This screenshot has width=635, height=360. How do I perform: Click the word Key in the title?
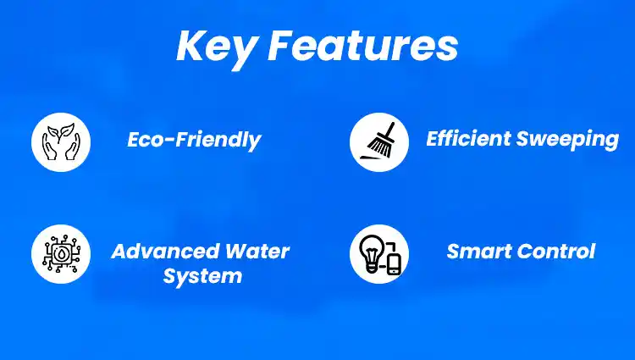pyautogui.click(x=216, y=48)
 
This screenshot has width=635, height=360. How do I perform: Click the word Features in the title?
pyautogui.click(x=363, y=46)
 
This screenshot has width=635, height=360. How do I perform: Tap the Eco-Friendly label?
pyautogui.click(x=195, y=141)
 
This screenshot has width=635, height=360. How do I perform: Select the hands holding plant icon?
pyautogui.click(x=61, y=141)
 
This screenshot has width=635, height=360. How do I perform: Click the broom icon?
pyautogui.click(x=380, y=141)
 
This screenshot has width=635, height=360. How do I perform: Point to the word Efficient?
pyautogui.click(x=468, y=138)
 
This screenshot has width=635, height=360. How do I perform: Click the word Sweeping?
pyautogui.click(x=567, y=140)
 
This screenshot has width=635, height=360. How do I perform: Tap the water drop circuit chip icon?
pyautogui.click(x=61, y=254)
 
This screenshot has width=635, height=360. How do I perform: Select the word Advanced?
pyautogui.click(x=165, y=251)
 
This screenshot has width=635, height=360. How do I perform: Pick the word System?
pyautogui.click(x=202, y=277)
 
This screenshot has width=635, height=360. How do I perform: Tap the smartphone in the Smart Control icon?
pyautogui.click(x=394, y=264)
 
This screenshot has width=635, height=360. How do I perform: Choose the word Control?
pyautogui.click(x=553, y=251)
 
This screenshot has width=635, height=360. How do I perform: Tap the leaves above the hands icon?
pyautogui.click(x=61, y=132)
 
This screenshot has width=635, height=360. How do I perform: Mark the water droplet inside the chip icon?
pyautogui.click(x=61, y=254)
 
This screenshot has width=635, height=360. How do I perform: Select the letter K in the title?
pyautogui.click(x=191, y=46)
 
